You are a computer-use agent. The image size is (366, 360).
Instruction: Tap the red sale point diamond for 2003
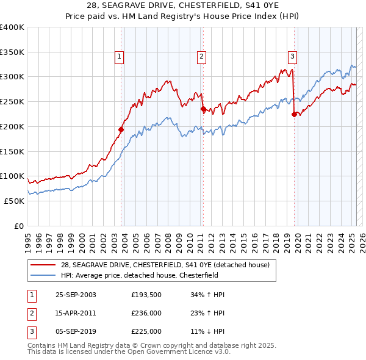pyautogui.click(x=121, y=129)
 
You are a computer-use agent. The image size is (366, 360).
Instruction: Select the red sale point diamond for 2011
pyautogui.click(x=203, y=109)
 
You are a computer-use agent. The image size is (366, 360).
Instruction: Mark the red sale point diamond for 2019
pyautogui.click(x=294, y=113)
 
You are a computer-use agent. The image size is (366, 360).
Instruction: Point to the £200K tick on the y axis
pyautogui.click(x=12, y=126)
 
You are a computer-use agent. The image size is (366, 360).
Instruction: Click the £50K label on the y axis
pyautogui.click(x=14, y=201)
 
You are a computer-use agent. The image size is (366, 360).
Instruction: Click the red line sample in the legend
pyautogui.click(x=43, y=265)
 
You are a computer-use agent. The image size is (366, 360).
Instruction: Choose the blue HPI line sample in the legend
pyautogui.click(x=43, y=275)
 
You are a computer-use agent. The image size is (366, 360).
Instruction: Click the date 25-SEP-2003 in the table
pyautogui.click(x=76, y=295)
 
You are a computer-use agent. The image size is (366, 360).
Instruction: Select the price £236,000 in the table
pyautogui.click(x=146, y=313)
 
